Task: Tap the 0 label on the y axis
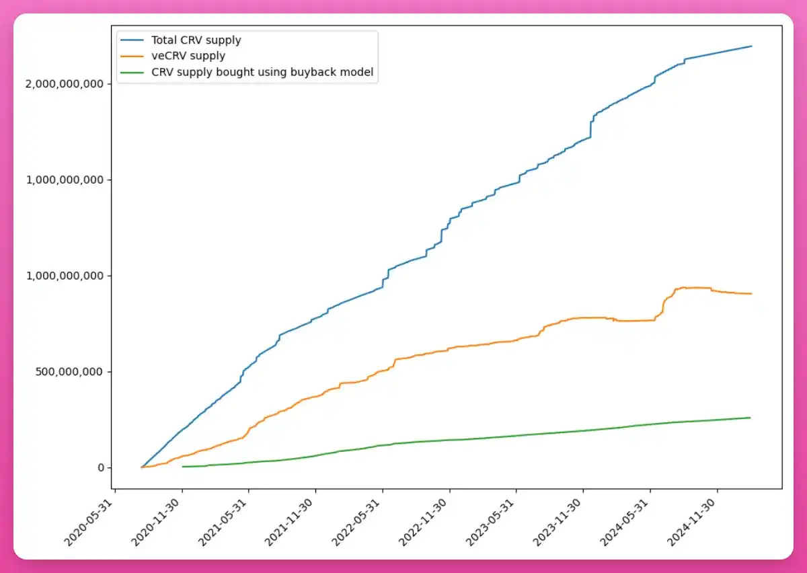[100, 468]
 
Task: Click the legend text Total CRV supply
[196, 40]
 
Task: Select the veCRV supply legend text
[188, 56]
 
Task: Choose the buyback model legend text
[262, 72]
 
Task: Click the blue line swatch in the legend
[133, 40]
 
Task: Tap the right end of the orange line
[751, 294]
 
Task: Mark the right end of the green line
[751, 418]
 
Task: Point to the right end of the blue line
[751, 46]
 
